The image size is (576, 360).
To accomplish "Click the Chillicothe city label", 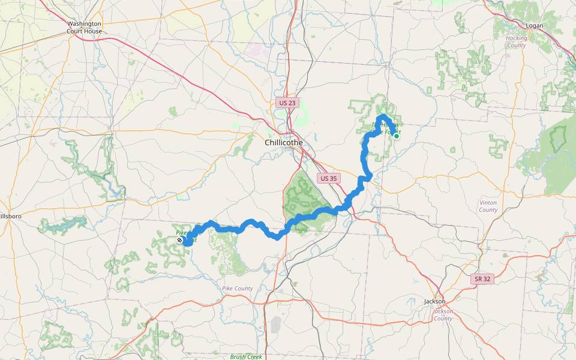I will [x=284, y=142].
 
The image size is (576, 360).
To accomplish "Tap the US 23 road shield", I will [x=287, y=103].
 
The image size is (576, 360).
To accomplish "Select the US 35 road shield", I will [x=329, y=178].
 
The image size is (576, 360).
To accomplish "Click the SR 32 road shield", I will [x=482, y=279].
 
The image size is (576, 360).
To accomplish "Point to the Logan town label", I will [x=517, y=26].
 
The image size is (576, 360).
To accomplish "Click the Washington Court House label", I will [x=84, y=27].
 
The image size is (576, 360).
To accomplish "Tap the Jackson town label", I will [x=434, y=301].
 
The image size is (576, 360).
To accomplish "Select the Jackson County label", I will [x=443, y=315].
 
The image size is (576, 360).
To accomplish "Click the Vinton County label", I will [x=488, y=206].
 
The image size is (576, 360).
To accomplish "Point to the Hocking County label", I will [x=516, y=41].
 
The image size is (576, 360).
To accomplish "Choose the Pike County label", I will [x=238, y=289].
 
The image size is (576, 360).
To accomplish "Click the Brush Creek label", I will [x=246, y=356].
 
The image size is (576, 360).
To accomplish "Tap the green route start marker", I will [x=397, y=136].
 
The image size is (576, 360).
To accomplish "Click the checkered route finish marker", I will [x=180, y=240].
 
